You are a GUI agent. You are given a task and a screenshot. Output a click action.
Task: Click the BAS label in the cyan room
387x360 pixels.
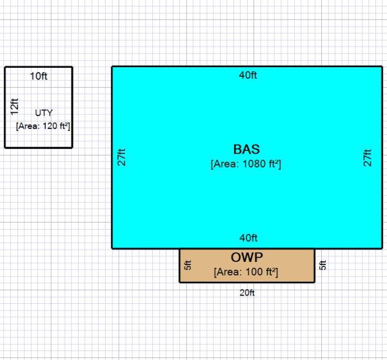[x=246, y=149]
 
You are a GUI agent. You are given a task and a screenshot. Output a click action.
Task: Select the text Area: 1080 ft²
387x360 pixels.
[x=246, y=164]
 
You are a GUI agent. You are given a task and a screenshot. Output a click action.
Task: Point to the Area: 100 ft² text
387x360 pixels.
[x=246, y=272]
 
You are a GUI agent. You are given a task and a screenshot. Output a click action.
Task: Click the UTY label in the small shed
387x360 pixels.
[x=44, y=113]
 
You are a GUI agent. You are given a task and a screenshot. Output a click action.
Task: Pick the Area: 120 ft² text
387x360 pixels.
[x=43, y=126]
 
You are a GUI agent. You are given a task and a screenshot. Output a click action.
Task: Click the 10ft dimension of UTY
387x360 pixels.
[x=39, y=76]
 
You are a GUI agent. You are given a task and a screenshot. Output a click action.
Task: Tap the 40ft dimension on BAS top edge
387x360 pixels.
[x=248, y=75]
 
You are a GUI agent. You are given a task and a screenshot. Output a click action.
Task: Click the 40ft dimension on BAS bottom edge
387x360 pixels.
[x=248, y=237]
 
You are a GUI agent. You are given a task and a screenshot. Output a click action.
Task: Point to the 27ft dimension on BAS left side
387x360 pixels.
[x=121, y=157]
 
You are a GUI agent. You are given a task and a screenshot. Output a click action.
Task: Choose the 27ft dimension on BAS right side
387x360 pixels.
[x=368, y=157]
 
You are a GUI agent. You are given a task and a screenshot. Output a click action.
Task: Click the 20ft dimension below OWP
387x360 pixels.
[x=248, y=292]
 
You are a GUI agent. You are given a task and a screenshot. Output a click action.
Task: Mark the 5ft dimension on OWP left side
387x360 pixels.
[x=188, y=265]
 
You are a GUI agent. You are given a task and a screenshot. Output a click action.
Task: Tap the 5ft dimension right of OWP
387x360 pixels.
[x=323, y=265]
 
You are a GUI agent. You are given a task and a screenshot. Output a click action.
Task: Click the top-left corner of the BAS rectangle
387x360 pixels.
[x=112, y=66]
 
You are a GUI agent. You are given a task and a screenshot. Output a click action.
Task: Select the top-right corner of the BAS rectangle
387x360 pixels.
[x=381, y=66]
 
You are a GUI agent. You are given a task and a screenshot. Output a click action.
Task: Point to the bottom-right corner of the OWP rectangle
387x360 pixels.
[x=315, y=282]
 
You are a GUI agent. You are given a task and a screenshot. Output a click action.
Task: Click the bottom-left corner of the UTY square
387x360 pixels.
[x=5, y=147]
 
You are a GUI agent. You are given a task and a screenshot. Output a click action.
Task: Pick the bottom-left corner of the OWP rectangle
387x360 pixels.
[x=180, y=282]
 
